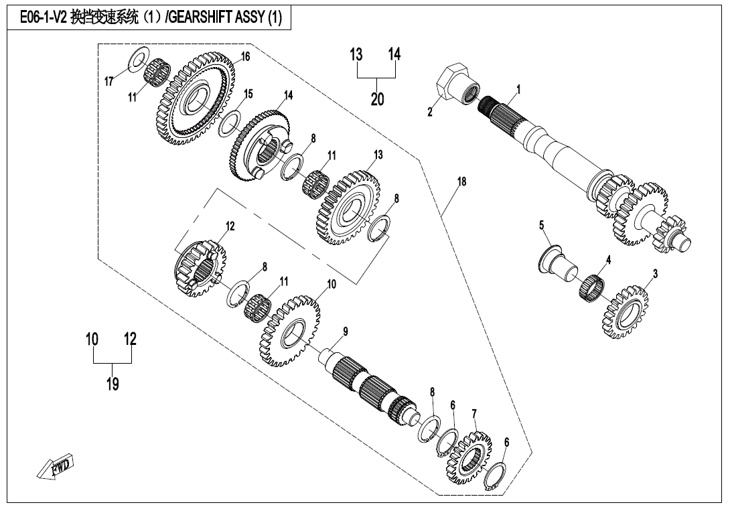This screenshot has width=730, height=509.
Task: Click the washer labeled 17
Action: pos(137,60)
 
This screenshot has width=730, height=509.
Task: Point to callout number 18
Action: pos(461,181)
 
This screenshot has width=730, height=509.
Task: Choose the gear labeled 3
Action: pos(627,312)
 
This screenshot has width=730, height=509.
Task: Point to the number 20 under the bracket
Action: pos(378,99)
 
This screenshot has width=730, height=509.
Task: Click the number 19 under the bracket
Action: pos(113,384)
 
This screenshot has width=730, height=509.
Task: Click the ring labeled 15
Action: pos(230,123)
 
